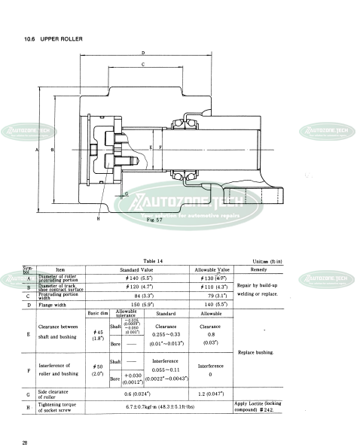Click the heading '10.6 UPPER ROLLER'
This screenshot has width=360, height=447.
click(52, 38)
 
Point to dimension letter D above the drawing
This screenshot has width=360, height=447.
click(143, 53)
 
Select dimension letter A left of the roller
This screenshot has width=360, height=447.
click(37, 151)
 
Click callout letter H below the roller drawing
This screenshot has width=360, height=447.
click(98, 218)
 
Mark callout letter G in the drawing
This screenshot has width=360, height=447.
click(126, 193)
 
